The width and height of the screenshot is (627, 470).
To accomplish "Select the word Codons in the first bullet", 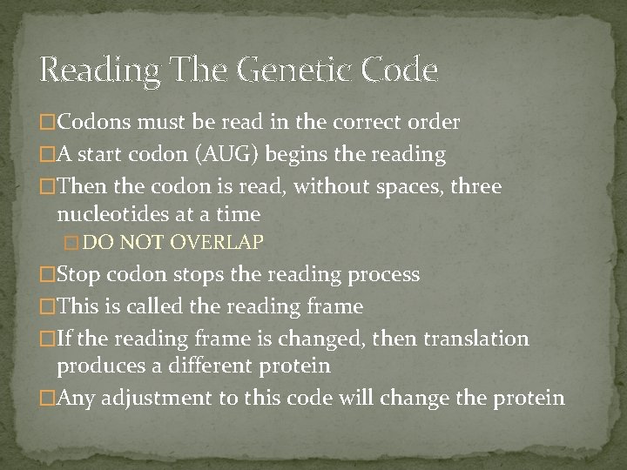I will coord(90,122).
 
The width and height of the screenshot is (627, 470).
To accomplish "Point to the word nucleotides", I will coord(111,214).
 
